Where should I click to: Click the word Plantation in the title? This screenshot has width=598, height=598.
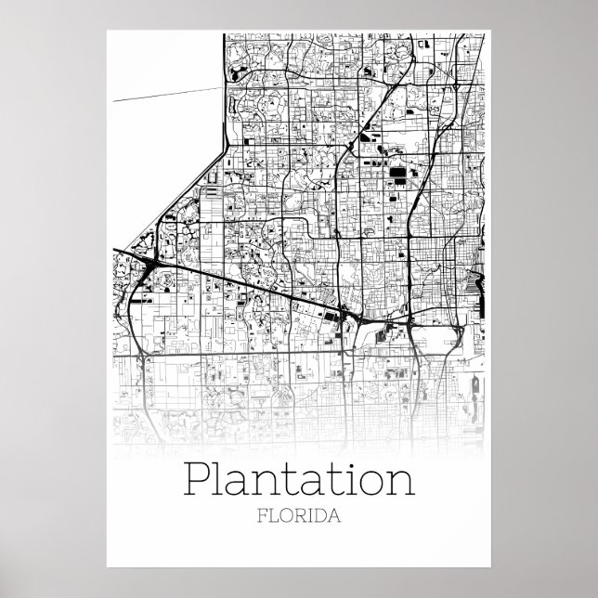click(x=299, y=478)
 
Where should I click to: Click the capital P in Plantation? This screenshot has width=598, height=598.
click(x=197, y=478)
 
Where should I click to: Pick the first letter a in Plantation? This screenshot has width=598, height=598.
click(x=239, y=483)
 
